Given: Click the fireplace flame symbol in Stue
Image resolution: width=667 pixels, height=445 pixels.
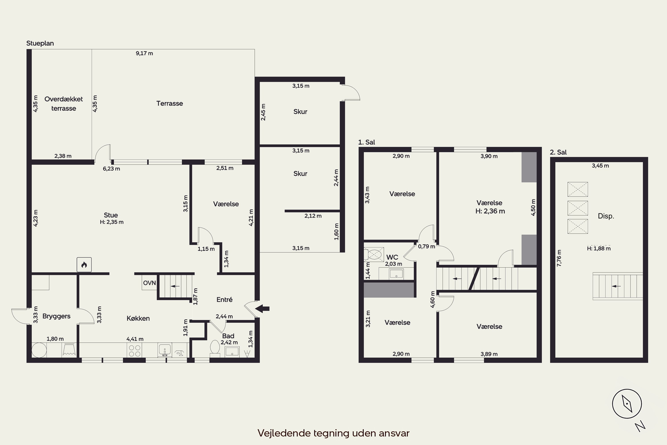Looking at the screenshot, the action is click(84, 265).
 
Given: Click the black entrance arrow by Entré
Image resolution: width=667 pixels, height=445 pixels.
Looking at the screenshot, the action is click(262, 308).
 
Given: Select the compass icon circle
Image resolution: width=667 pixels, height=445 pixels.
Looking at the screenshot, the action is click(627, 404).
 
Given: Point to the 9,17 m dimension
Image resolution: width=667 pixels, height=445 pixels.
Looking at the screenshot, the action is click(144, 53).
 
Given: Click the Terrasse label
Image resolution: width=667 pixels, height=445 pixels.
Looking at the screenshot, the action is click(170, 103).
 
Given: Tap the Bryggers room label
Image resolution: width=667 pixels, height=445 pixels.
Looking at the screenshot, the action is click(56, 316).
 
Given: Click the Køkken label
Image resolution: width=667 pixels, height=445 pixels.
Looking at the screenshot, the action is click(138, 318).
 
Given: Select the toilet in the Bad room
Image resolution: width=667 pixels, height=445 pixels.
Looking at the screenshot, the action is click(215, 348).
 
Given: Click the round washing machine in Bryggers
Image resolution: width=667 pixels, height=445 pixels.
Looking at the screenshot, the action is click(39, 350).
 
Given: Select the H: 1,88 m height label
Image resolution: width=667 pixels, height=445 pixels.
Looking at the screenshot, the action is click(599, 249).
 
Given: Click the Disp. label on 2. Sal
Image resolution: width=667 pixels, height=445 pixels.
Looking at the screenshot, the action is click(606, 216).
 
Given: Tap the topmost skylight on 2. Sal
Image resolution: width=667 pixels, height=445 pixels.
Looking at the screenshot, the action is click(578, 189).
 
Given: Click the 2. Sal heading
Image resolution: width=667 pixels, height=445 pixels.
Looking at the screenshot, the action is click(558, 152).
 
